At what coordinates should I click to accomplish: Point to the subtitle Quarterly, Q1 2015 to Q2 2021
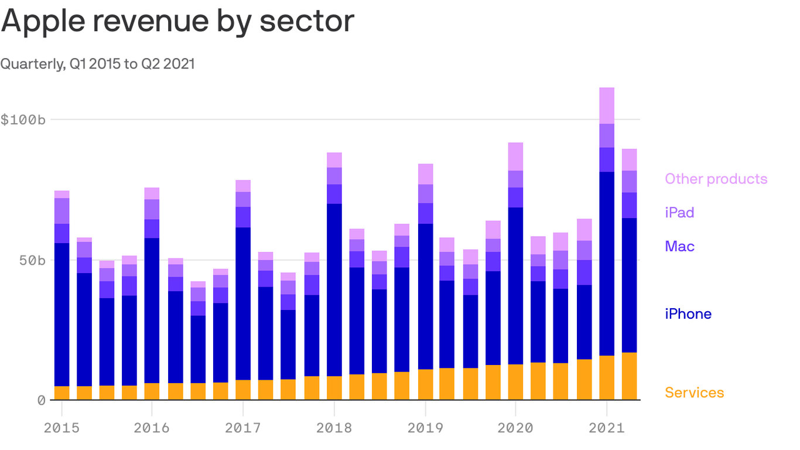(x=97, y=64)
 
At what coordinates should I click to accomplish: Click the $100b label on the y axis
(x=23, y=120)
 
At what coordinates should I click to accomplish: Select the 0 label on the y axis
(x=41, y=400)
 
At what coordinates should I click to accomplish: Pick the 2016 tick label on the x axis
(x=152, y=428)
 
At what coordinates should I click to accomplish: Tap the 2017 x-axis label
(x=242, y=428)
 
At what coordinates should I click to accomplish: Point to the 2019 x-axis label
(x=425, y=428)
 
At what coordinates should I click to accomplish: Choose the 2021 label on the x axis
(x=607, y=428)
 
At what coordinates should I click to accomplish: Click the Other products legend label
(x=716, y=179)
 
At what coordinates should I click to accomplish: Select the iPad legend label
(x=679, y=213)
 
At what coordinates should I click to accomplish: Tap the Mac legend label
(x=679, y=246)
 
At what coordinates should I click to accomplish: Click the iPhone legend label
(x=688, y=314)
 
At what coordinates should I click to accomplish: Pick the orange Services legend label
(x=694, y=393)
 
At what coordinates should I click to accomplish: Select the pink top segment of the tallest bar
(x=607, y=105)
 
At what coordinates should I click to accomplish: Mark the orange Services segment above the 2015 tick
(x=61, y=393)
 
